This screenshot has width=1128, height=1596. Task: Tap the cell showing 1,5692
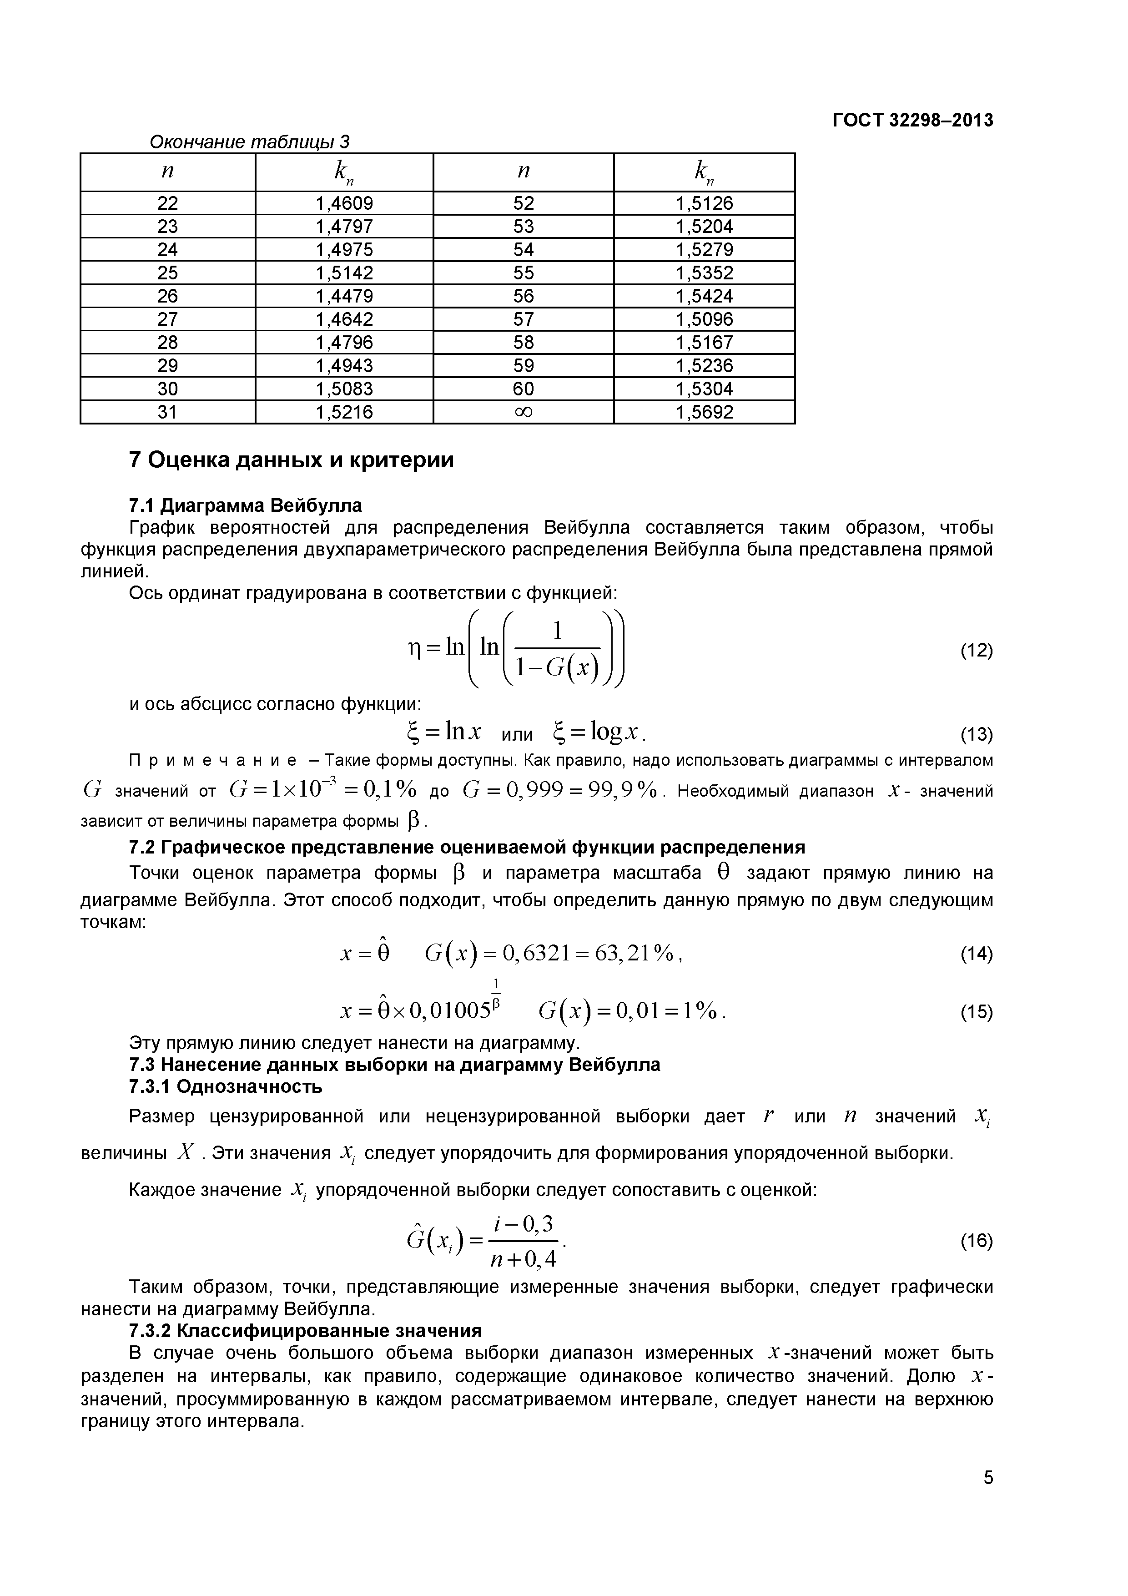click(704, 412)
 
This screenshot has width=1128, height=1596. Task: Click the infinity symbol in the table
click(524, 412)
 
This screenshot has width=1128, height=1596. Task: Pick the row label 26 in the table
click(167, 296)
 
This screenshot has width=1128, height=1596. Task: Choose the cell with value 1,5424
click(704, 296)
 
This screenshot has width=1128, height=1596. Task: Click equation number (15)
click(976, 1012)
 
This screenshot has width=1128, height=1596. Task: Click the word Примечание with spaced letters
click(213, 760)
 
